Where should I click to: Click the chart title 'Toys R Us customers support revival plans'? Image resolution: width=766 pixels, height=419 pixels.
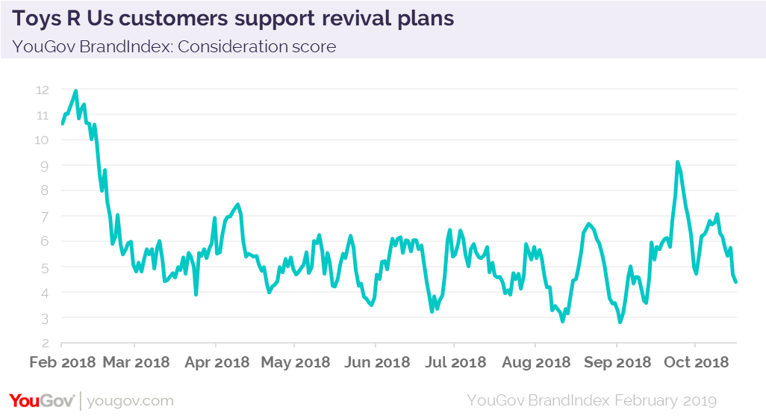233,19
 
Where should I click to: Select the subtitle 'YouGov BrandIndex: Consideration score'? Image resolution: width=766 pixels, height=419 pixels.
174,46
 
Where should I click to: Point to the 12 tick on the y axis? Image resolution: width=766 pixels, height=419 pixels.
43,90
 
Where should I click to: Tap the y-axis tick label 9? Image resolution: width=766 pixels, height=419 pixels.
45,166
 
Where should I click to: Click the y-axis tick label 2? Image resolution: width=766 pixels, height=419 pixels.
45,344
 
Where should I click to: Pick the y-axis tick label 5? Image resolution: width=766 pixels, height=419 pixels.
45,267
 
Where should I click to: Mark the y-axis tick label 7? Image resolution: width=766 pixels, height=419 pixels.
45,217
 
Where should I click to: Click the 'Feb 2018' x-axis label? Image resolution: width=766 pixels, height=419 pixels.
62,363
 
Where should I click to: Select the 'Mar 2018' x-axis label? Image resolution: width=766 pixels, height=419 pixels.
136,363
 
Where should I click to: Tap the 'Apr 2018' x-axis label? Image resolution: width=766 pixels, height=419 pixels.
216,363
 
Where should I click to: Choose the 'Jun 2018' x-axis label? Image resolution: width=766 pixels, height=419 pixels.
376,363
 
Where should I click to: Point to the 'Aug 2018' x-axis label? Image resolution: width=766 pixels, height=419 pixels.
536,363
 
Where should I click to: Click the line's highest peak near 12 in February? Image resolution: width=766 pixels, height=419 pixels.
76,91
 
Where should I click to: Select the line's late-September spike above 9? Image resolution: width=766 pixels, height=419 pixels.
677,162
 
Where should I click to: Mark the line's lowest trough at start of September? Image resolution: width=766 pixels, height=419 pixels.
620,322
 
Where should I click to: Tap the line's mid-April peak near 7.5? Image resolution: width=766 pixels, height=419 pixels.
237,205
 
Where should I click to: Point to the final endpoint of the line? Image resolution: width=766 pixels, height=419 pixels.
737,282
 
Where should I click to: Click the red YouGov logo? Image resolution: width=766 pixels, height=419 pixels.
42,400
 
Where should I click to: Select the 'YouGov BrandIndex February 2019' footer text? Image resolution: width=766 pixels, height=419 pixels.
591,400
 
